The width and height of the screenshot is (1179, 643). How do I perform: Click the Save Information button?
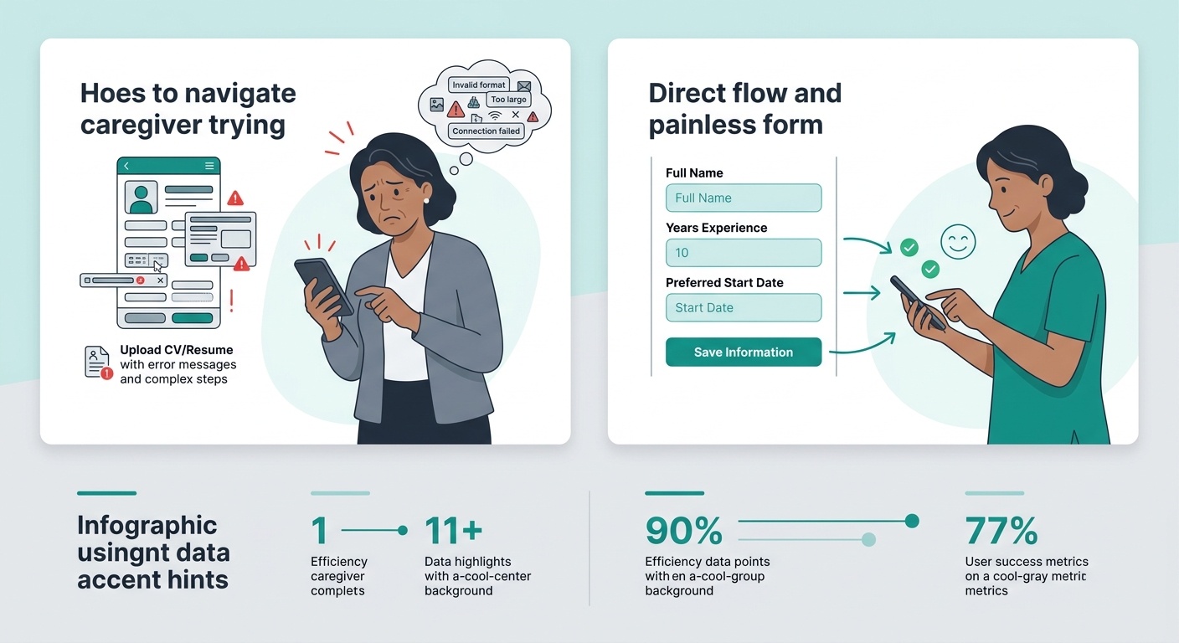(x=743, y=352)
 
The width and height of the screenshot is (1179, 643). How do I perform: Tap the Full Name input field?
(x=743, y=198)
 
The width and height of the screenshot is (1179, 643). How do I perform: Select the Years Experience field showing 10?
(x=743, y=253)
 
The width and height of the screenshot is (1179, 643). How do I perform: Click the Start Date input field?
(x=743, y=308)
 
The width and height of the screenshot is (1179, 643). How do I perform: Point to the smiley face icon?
(x=959, y=242)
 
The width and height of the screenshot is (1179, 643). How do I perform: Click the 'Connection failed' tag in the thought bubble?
(x=487, y=131)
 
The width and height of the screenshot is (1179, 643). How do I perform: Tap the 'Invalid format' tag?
(x=479, y=85)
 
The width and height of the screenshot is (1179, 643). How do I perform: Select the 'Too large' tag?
(x=509, y=100)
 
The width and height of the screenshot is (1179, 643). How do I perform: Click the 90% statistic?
(x=683, y=531)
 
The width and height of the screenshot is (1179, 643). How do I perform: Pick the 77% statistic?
(x=1001, y=531)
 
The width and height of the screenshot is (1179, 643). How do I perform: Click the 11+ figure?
(x=453, y=531)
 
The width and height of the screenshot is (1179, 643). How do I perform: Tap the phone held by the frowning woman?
(x=322, y=285)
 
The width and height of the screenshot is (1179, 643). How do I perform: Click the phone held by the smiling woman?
(x=917, y=301)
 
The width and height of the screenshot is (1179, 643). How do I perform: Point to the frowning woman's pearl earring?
(x=426, y=199)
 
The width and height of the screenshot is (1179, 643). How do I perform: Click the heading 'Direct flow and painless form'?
(x=744, y=108)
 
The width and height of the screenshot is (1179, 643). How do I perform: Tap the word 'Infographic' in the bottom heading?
(x=147, y=526)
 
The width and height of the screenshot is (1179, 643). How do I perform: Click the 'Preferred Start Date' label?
(x=724, y=283)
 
